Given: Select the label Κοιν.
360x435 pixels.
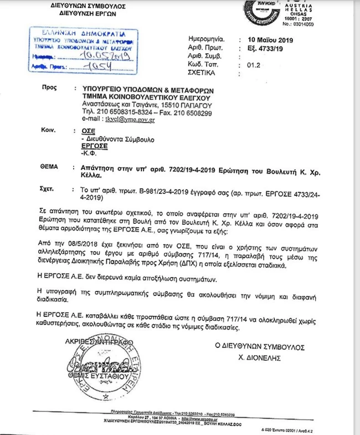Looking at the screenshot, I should click(x=48, y=129).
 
